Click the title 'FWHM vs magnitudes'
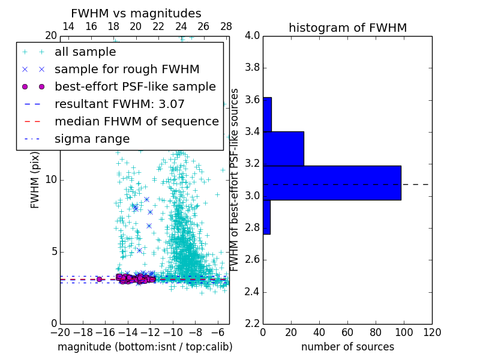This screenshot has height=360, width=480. point(136,14)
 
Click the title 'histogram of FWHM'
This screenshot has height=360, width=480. point(347,28)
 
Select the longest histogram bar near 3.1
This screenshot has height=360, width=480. point(332,182)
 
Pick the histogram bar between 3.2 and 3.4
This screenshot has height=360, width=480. point(283,148)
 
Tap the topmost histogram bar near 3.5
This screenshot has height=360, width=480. point(267,114)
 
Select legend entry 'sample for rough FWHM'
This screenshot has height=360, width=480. point(127,69)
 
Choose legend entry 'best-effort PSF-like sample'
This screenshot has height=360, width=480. point(135,86)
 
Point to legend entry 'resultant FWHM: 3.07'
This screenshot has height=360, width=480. point(119,104)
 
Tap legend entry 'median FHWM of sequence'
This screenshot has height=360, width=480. point(136,121)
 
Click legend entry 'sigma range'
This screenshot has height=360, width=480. point(92,139)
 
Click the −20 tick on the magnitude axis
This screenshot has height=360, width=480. point(60,332)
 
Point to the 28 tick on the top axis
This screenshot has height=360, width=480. point(226,26)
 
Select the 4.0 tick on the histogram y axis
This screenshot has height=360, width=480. point(252,35)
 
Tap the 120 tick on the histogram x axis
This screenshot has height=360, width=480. point(431,332)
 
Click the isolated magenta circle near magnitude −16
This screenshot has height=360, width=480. point(100,279)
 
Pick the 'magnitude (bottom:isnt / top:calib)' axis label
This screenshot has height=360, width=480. point(145,347)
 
